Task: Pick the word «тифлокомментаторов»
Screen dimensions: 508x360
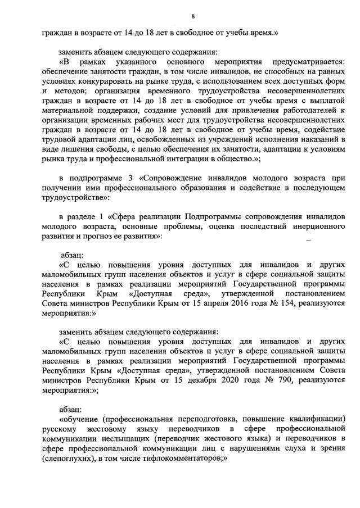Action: click(x=183, y=459)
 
